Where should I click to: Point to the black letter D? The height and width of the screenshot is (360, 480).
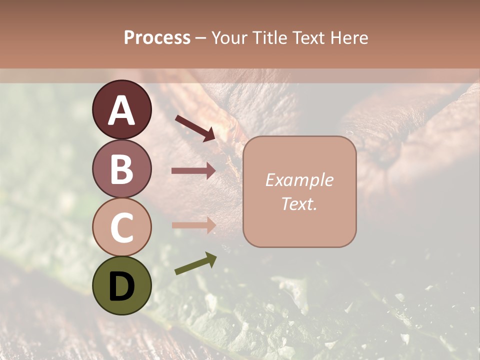(122, 286)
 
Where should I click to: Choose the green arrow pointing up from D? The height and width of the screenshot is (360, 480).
(195, 264)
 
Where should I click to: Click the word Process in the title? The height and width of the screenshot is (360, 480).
(157, 38)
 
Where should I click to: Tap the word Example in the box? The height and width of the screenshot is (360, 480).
(299, 180)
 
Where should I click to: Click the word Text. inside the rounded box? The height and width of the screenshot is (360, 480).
(299, 203)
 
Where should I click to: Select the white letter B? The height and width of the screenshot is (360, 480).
(122, 169)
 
